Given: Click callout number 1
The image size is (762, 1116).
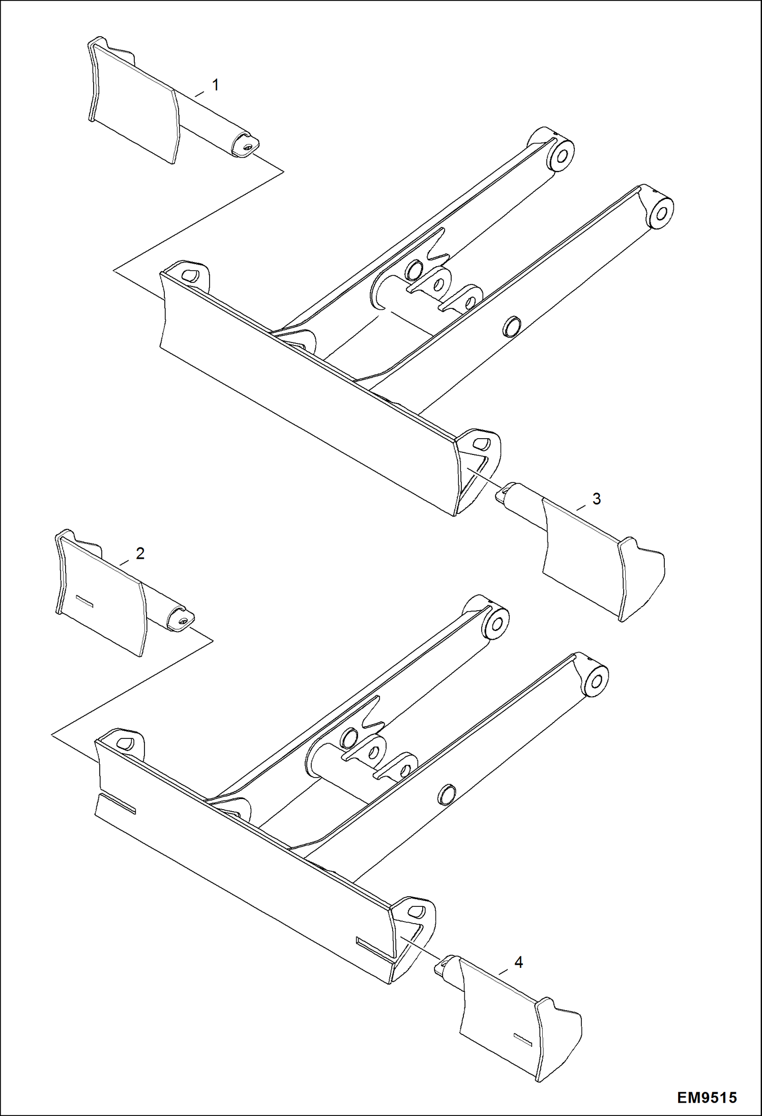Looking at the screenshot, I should pos(215,85).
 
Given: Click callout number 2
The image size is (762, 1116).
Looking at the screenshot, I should pos(140,553).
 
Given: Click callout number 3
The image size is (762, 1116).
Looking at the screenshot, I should pos(596,499).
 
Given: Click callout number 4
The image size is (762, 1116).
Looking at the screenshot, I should pos(518,962).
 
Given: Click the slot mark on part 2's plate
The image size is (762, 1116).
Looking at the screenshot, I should pos(84,600).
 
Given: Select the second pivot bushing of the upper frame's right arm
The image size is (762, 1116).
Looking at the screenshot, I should pos(660,212).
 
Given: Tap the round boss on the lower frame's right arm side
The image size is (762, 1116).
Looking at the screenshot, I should pos(446,793).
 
